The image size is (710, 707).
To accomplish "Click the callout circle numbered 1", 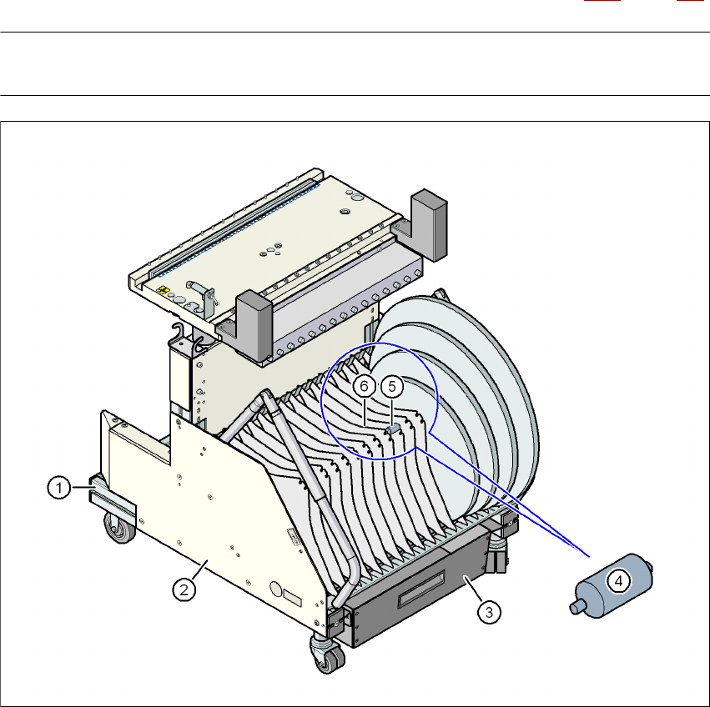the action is click(x=59, y=488).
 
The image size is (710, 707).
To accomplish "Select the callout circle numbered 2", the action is click(x=184, y=589).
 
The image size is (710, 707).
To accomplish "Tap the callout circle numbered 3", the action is click(x=489, y=613).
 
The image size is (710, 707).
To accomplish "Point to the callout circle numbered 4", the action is click(x=618, y=581).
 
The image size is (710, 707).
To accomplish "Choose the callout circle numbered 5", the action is click(x=392, y=387).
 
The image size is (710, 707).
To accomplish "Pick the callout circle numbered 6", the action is click(x=364, y=387).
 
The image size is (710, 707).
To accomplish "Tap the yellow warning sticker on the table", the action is click(x=163, y=289).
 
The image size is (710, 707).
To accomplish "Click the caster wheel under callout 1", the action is click(x=120, y=528).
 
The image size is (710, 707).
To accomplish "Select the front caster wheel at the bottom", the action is click(x=327, y=655).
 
